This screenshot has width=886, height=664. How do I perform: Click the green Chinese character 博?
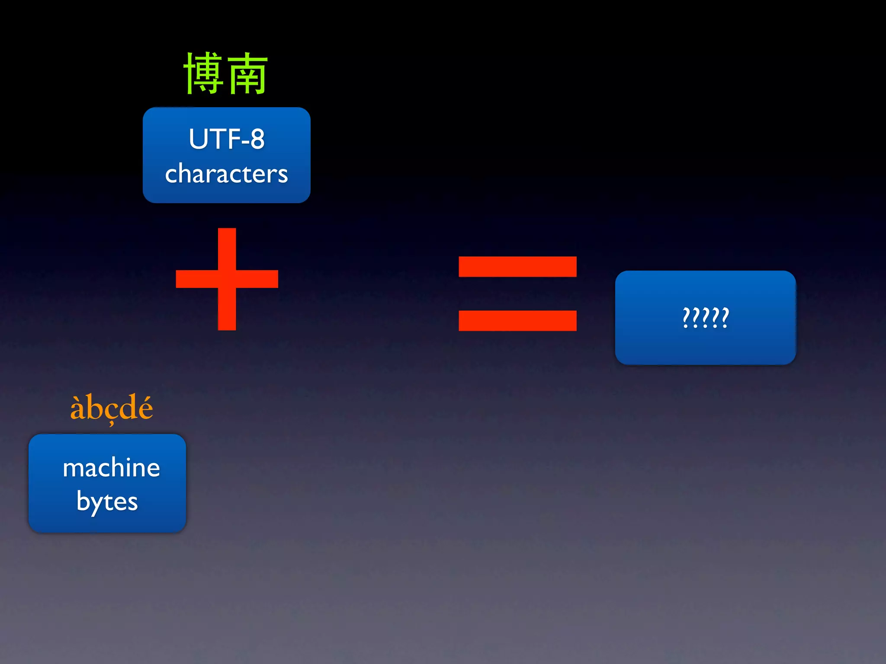point(204,73)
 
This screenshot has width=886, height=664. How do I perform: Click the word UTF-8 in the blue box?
point(226,139)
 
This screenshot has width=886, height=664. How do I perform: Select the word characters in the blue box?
point(226,174)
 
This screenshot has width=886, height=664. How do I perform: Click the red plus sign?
point(227,279)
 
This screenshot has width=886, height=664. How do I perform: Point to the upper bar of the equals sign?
point(517,267)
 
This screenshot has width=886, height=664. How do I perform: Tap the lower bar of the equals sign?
point(517,321)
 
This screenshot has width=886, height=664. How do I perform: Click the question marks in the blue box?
point(706,318)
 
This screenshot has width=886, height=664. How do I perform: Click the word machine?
point(111,468)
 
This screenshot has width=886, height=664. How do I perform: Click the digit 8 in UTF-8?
point(257,139)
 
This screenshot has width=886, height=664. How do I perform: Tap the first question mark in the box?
point(686,318)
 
